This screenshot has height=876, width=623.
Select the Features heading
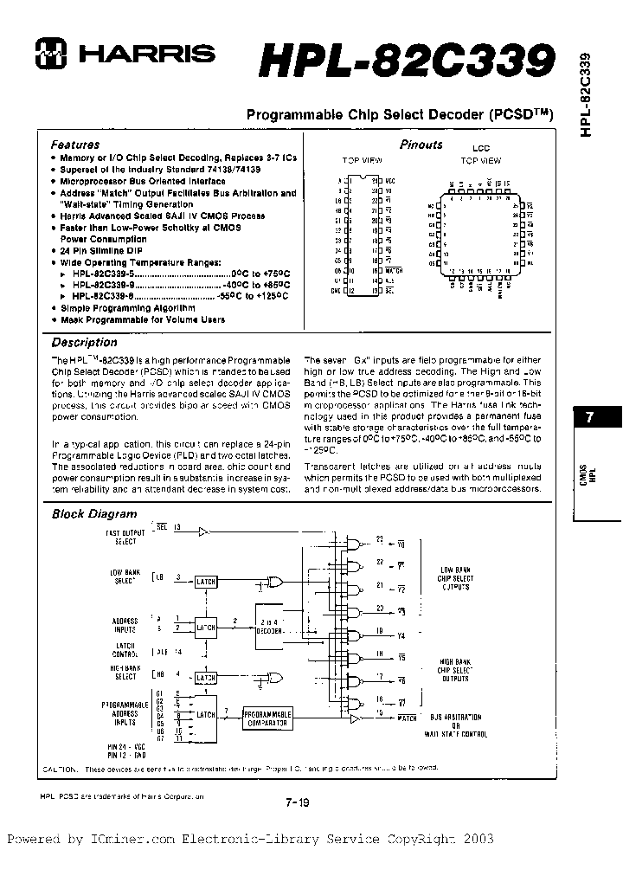(x=75, y=145)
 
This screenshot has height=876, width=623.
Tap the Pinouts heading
(x=421, y=145)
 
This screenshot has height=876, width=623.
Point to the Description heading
(x=84, y=343)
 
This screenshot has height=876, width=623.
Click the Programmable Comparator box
(x=267, y=718)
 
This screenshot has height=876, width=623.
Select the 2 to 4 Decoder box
(x=268, y=627)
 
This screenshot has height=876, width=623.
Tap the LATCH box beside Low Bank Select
(x=207, y=582)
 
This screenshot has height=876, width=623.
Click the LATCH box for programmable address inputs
(x=207, y=715)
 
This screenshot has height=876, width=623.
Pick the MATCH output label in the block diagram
(x=407, y=718)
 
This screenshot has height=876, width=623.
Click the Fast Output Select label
(x=120, y=536)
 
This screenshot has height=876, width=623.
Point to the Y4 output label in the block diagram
(x=400, y=637)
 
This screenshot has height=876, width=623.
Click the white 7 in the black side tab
(x=590, y=417)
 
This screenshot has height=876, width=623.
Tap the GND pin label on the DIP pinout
(x=337, y=291)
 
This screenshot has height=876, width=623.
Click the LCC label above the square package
(x=480, y=148)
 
